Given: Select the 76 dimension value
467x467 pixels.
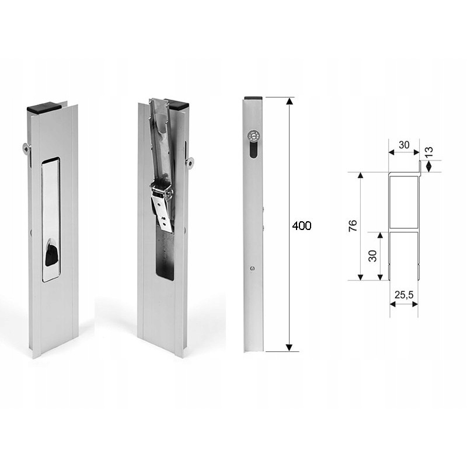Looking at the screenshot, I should click(x=353, y=226).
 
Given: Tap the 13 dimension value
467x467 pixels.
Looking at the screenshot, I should click(x=428, y=152).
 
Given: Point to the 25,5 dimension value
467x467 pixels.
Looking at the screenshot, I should click(x=402, y=295).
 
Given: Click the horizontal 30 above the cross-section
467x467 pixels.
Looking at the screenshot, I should click(x=403, y=144).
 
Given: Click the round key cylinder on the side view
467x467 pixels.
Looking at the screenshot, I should click(x=252, y=135).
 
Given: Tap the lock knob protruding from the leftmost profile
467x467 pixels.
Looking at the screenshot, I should click(x=27, y=148).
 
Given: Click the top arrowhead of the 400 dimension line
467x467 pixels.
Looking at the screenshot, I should click(x=288, y=101).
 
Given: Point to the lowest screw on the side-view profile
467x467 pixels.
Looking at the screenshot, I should click(x=251, y=269).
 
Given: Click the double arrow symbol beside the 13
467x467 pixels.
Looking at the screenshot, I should click(x=428, y=166).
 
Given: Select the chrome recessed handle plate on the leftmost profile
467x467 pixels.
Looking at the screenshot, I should click(x=51, y=219).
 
